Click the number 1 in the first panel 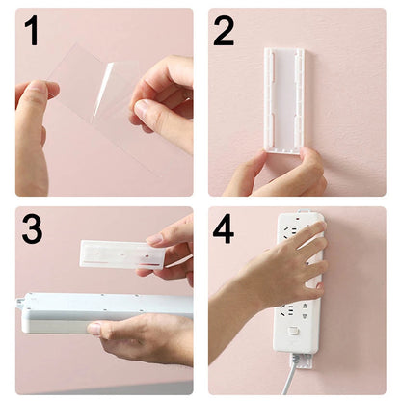[x=32, y=31]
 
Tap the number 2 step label [x=224, y=31]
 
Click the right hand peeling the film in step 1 [x=164, y=96]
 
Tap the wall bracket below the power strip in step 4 [x=301, y=362]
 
